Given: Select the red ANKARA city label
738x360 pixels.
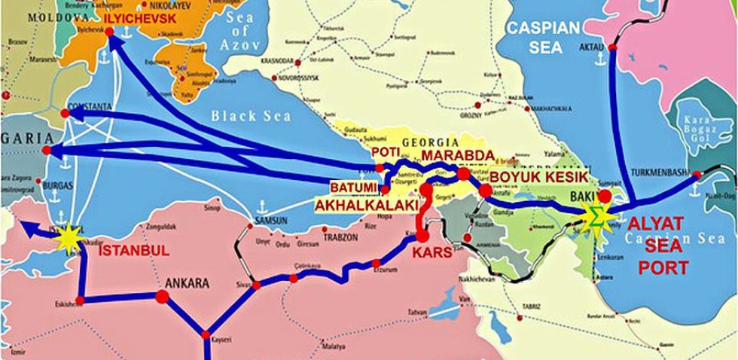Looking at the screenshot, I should point(192,285).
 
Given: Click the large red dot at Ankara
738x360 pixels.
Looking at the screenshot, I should point(162,297).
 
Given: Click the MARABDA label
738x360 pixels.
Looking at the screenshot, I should point(457,156).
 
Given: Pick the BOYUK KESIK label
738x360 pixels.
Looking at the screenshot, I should point(535,177).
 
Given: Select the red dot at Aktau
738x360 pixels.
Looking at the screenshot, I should point(612,47).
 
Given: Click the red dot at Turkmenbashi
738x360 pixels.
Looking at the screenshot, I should point(697,175).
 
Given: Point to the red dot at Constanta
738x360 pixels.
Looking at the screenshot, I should point(65,114).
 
